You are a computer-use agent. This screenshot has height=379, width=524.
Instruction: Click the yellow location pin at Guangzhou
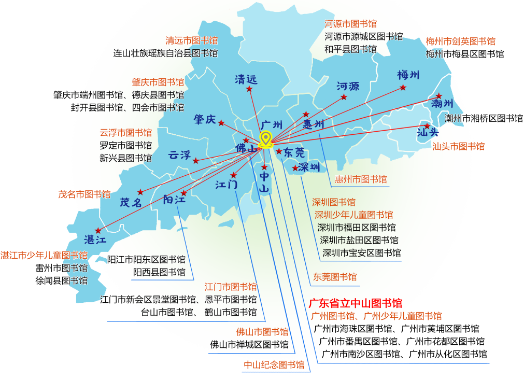tap(266, 139)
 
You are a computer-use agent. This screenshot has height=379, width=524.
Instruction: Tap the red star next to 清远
tap(249, 89)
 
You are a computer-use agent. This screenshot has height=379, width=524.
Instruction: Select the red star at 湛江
tap(98, 231)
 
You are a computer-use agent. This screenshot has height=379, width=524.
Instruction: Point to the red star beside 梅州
tap(403, 88)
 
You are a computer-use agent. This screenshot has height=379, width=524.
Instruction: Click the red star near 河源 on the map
tap(344, 97)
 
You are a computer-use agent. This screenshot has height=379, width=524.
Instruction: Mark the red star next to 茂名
tap(140, 192)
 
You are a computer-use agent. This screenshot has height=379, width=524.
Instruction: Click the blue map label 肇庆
tap(205, 119)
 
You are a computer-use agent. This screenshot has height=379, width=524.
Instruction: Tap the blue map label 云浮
tap(179, 155)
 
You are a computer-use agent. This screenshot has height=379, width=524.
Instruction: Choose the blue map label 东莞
tap(294, 153)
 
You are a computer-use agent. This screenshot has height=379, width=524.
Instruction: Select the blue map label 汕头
tap(428, 132)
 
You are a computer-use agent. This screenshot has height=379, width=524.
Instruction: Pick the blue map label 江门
tap(226, 184)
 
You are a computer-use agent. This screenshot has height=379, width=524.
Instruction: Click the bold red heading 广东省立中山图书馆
tap(355, 303)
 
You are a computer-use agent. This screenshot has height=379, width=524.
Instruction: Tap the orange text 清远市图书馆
tap(191, 41)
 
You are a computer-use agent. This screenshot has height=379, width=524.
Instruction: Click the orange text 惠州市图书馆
tap(361, 179)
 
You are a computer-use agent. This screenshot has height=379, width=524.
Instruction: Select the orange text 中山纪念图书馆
tap(274, 364)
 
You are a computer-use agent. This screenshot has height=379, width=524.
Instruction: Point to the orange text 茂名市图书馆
tap(84, 194)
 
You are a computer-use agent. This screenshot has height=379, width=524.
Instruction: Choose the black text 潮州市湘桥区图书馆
tap(484, 118)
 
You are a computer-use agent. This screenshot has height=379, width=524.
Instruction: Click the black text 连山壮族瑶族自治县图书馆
tap(165, 53)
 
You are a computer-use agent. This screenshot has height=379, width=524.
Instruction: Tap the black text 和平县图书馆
tap(350, 49)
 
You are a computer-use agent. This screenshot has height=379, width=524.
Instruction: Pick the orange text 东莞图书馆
tap(335, 277)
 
